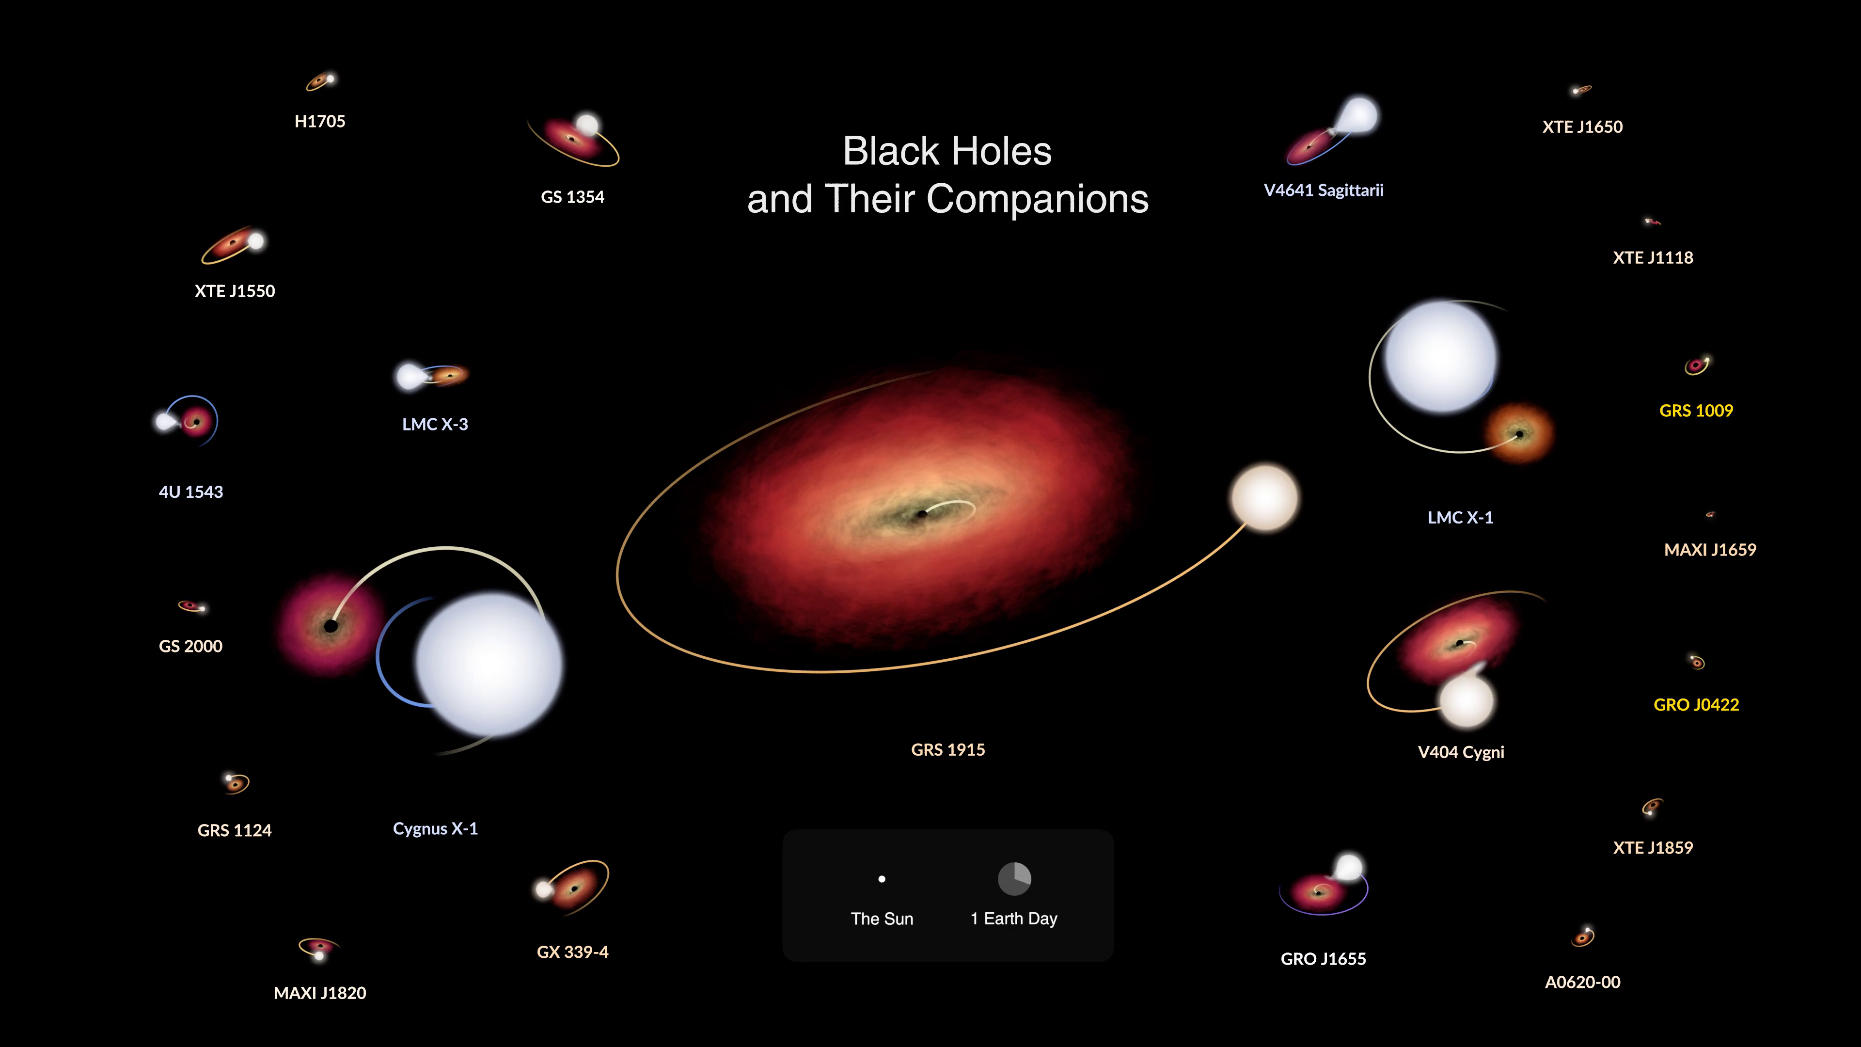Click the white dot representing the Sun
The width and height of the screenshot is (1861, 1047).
point(882,879)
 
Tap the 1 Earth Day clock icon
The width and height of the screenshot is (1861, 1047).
point(1014,879)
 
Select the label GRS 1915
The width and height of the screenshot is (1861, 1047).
point(948,750)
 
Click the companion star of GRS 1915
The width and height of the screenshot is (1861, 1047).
point(1264,498)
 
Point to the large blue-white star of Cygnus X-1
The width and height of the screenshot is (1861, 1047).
point(489,663)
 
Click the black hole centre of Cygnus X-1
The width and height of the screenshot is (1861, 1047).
point(331,626)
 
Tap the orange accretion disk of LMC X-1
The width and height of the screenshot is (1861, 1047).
point(1518,433)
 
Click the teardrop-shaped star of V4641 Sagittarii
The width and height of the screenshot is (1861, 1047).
point(1356,116)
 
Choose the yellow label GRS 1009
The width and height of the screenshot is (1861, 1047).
point(1696,411)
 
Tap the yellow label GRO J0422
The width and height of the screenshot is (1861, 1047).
point(1696,704)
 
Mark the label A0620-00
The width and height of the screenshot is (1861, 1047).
point(1582,983)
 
